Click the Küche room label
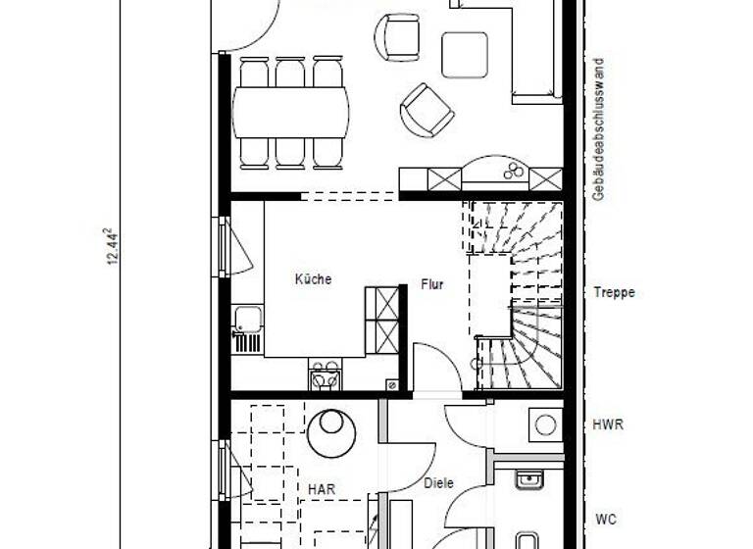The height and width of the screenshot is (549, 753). tap(313, 279)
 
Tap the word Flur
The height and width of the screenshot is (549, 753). tap(432, 285)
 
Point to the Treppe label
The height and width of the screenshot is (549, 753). tap(614, 292)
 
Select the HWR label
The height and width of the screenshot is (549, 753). tap(608, 425)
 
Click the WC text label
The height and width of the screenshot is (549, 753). tap(607, 519)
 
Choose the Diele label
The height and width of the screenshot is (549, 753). tap(437, 482)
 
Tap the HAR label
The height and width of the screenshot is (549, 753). tap(322, 488)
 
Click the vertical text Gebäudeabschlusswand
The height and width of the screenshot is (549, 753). tap(598, 129)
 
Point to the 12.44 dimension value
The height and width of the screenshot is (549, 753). tap(114, 246)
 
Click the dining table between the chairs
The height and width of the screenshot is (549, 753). tap(290, 112)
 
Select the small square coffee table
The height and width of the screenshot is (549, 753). tap(464, 55)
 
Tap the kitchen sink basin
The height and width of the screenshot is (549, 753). tap(247, 319)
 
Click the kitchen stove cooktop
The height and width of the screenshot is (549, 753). tap(325, 374)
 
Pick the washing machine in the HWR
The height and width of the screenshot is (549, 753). tap(545, 424)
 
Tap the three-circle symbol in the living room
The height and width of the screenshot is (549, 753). tap(513, 174)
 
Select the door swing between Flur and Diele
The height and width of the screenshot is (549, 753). tap(431, 367)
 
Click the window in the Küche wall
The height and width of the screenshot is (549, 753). tap(225, 246)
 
